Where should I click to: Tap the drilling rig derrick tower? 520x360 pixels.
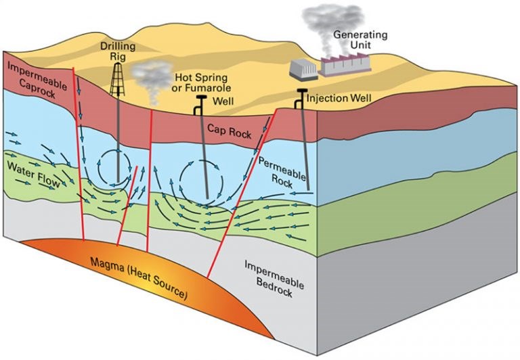tap(121, 78)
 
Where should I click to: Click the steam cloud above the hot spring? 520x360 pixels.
tap(152, 74)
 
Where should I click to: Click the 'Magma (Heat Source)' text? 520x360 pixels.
tap(140, 277)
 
